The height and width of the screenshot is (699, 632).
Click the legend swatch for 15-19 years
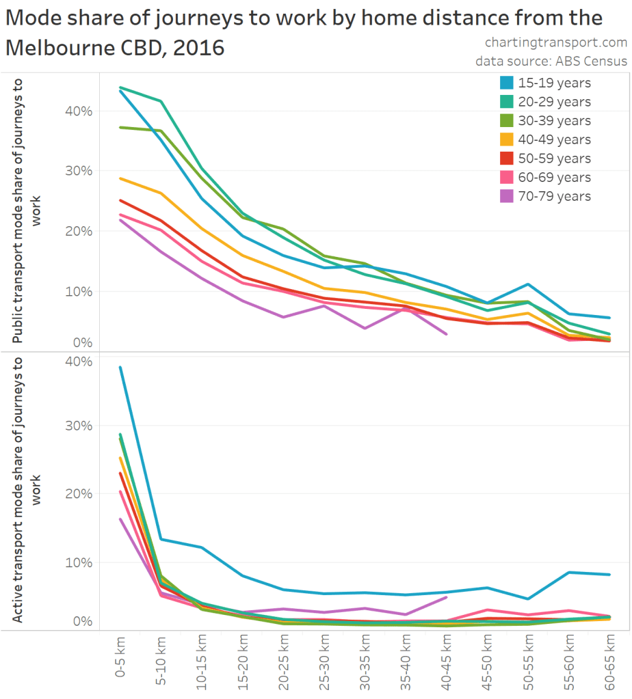point(506,83)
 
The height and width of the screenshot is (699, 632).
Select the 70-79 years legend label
point(554,196)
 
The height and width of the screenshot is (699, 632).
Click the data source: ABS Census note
point(551,61)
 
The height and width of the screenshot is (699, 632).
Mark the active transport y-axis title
point(26,489)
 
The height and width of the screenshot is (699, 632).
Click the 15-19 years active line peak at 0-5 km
point(120,367)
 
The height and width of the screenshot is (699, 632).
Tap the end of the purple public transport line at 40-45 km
point(447,334)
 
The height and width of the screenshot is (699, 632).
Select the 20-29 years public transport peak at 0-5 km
point(120,87)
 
